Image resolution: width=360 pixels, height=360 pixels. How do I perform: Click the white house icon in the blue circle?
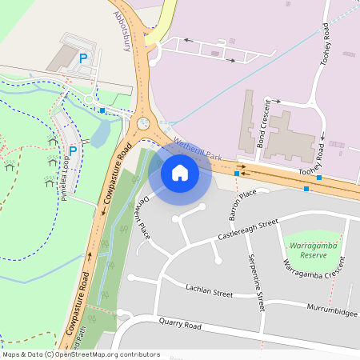180,172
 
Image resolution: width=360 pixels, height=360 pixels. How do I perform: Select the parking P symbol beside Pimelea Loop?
73,150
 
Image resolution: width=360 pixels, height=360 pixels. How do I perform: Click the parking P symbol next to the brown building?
83,58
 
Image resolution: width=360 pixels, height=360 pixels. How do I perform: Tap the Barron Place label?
242,204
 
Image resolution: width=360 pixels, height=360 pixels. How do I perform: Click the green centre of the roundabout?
143,123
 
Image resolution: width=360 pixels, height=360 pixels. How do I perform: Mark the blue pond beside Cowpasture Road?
101,135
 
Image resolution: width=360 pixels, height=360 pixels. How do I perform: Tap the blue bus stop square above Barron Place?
237,173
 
